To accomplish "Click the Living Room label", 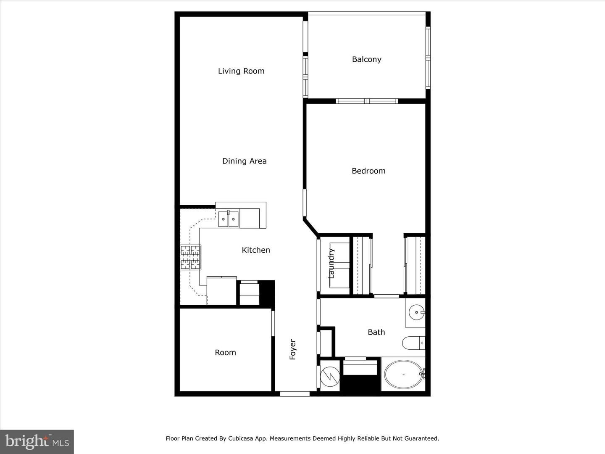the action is [x=241, y=71].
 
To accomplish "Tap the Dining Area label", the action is [x=245, y=161].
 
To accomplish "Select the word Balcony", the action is [x=367, y=60].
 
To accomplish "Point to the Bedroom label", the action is [x=368, y=171].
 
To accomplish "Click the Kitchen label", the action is [x=256, y=250].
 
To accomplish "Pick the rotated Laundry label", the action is [x=331, y=264].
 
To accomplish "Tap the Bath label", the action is [x=376, y=332].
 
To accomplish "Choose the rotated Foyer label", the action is [x=292, y=349].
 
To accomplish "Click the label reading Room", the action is [x=226, y=353].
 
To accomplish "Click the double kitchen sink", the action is [x=228, y=219].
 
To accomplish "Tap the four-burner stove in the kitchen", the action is [x=190, y=257].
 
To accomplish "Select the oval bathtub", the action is [x=403, y=374].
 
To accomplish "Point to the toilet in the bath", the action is [x=413, y=343].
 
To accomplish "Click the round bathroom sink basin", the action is [x=416, y=312].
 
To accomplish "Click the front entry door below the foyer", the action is [x=295, y=394].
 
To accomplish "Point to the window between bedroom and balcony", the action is [x=367, y=101].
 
